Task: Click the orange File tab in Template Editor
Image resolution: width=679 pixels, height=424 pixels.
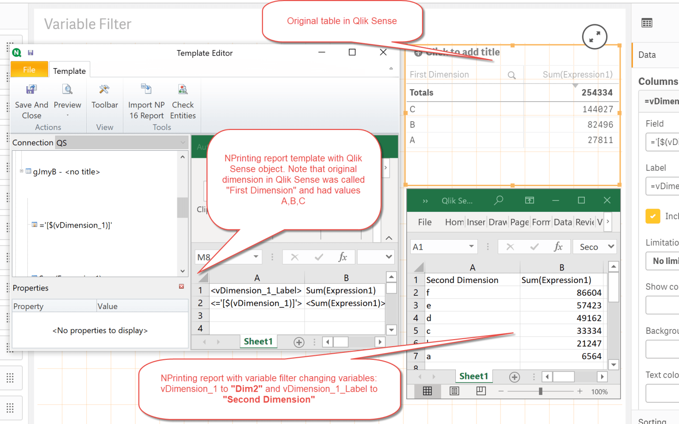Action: [29, 70]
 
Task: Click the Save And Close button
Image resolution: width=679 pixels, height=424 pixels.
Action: [31, 102]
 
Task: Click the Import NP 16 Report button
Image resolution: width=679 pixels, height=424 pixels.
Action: [146, 102]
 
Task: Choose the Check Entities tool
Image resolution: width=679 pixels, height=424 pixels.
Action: [183, 102]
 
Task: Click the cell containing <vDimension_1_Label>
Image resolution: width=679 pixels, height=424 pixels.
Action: [256, 290]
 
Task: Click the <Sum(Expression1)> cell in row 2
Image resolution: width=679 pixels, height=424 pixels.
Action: [345, 303]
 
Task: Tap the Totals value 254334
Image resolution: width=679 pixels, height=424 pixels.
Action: [597, 93]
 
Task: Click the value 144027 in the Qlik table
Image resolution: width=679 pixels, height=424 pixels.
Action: [598, 109]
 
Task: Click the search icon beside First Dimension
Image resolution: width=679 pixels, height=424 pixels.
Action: [511, 75]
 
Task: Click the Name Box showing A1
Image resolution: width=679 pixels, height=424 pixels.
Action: [442, 247]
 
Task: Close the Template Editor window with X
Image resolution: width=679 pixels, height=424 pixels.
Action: [383, 53]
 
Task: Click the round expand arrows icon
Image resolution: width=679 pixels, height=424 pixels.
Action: [595, 37]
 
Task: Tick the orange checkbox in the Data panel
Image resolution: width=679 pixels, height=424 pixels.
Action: [652, 216]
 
